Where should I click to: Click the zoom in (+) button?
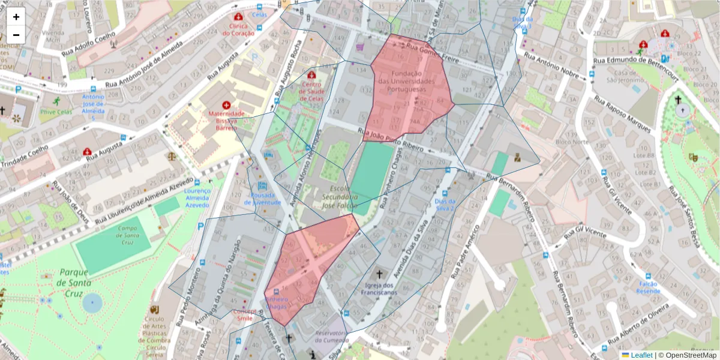(x=16, y=17)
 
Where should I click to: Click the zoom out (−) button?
(x=16, y=34)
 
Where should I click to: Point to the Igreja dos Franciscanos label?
(x=379, y=289)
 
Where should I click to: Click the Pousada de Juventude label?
(x=262, y=199)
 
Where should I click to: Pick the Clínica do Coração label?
(x=239, y=29)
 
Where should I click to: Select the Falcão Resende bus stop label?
(x=649, y=287)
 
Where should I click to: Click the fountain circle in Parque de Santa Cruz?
(x=92, y=303)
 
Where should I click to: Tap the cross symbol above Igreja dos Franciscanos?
(x=379, y=274)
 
